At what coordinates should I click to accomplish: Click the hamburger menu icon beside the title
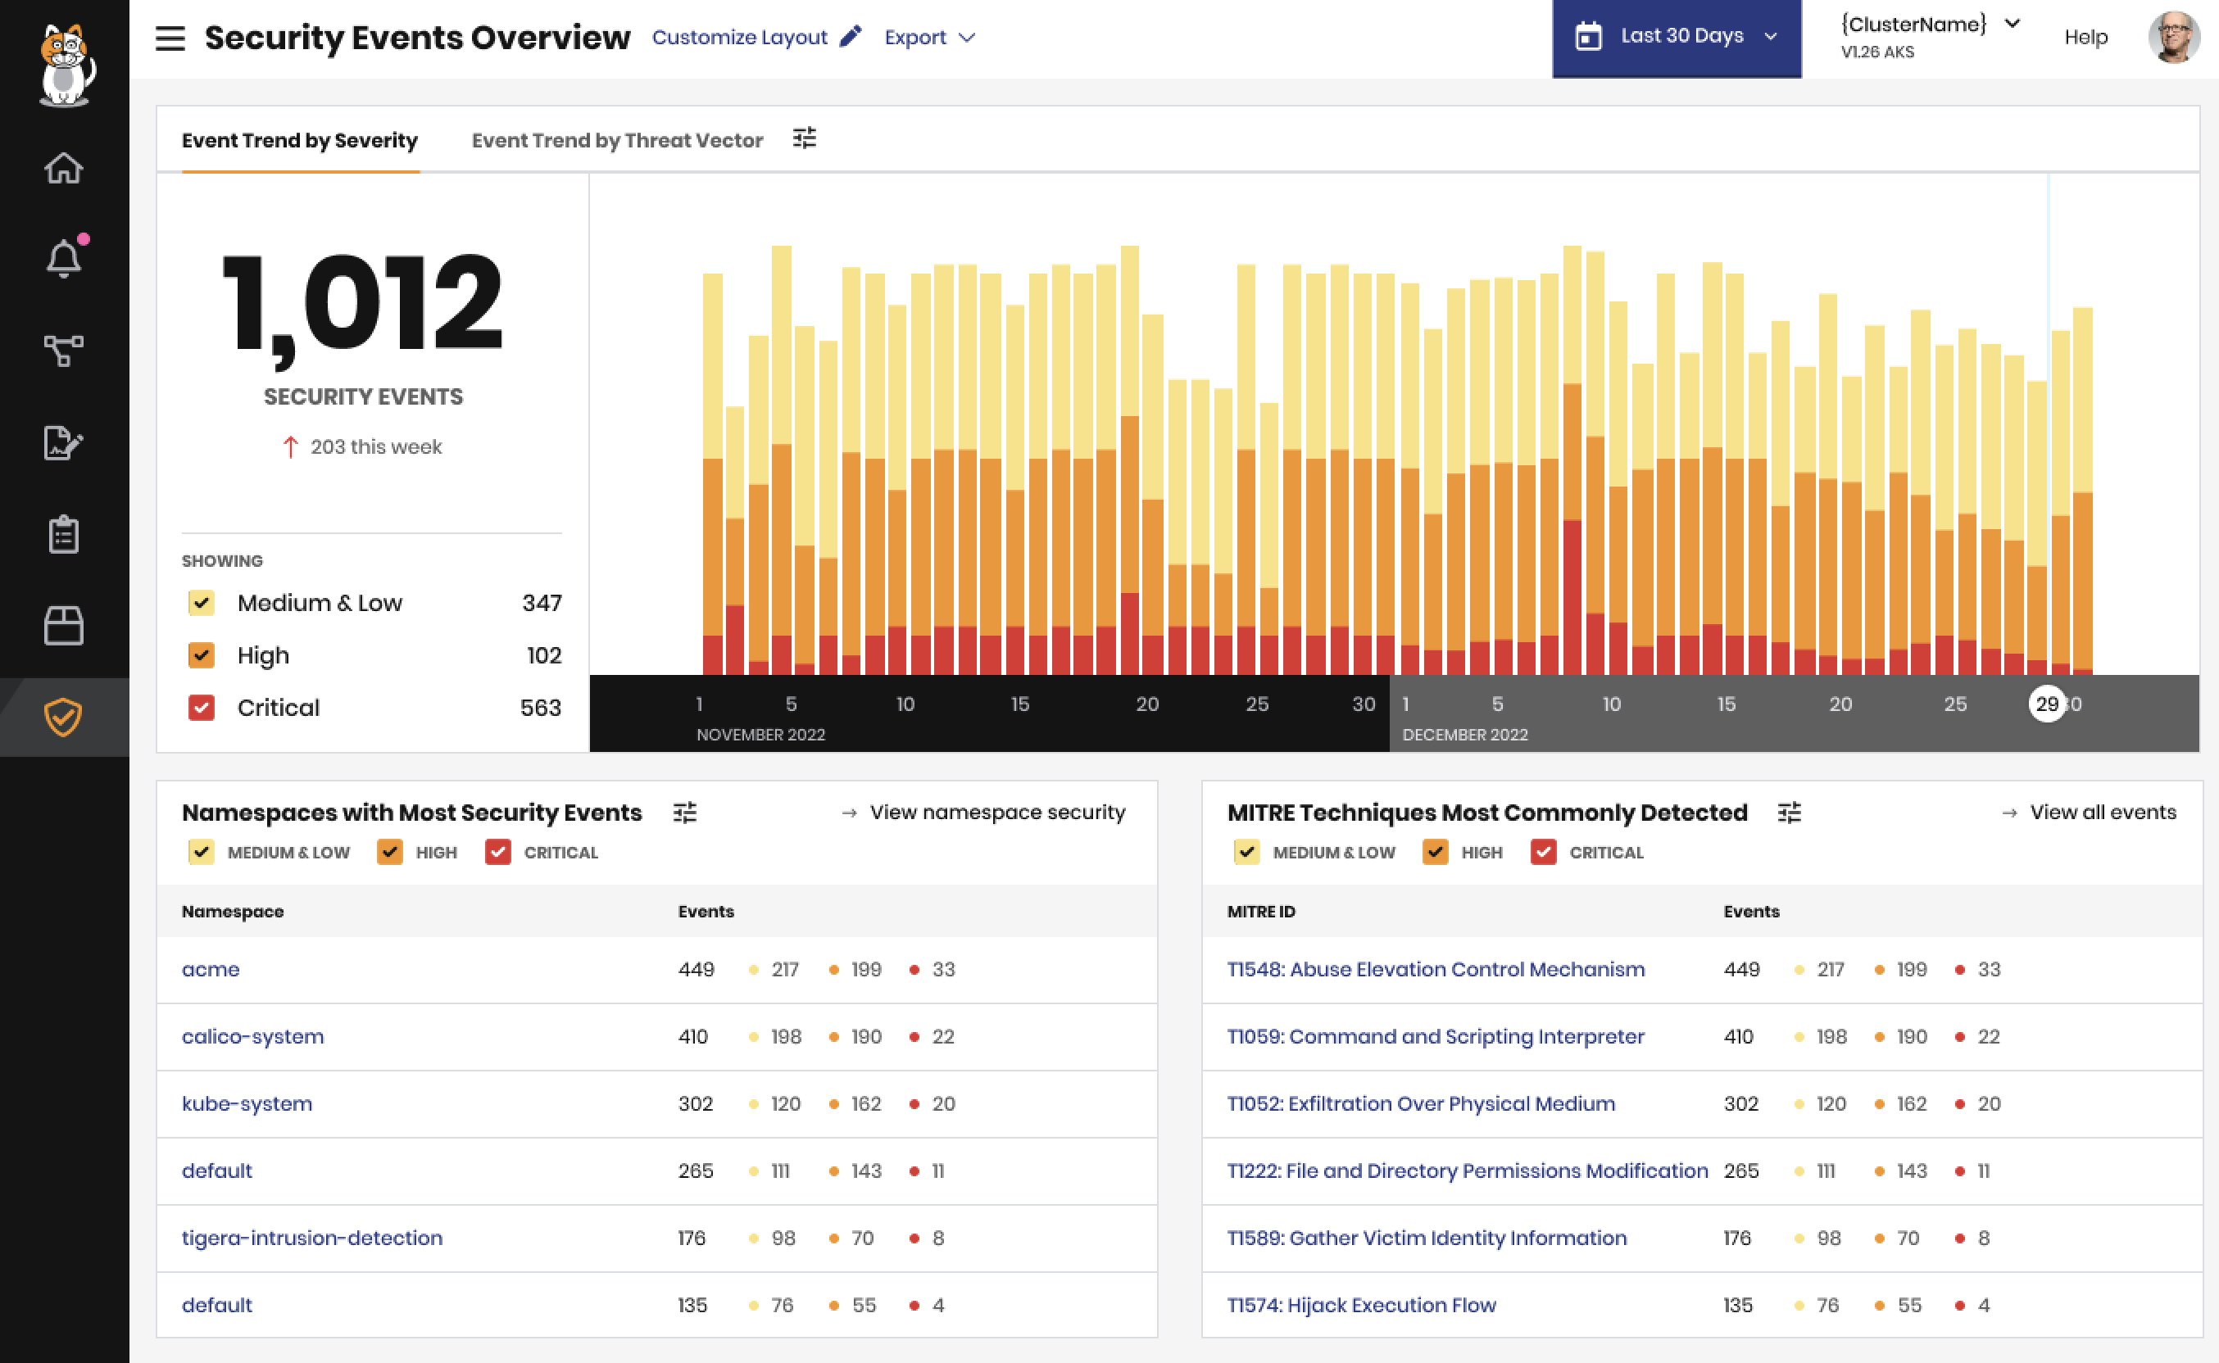click(x=170, y=38)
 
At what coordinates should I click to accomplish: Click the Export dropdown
click(x=928, y=37)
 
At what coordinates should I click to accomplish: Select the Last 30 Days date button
click(x=1675, y=37)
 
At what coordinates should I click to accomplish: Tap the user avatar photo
click(x=2173, y=37)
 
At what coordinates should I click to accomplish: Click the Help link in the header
click(x=2085, y=37)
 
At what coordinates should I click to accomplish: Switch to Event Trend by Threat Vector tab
click(x=617, y=141)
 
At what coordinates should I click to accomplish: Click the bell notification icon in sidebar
click(x=63, y=260)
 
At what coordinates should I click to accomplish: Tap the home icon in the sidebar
click(x=63, y=169)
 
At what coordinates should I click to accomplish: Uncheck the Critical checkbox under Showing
click(x=201, y=708)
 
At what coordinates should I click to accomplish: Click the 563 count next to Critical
click(x=540, y=708)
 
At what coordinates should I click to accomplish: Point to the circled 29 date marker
click(x=2046, y=704)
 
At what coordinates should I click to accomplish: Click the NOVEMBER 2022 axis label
click(x=760, y=735)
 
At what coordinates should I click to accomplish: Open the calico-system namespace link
click(x=252, y=1037)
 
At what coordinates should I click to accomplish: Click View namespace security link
click(x=996, y=813)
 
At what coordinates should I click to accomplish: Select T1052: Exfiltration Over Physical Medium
click(x=1420, y=1103)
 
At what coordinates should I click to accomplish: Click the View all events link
click(x=2102, y=813)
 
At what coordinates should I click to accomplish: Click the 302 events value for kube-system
click(x=695, y=1103)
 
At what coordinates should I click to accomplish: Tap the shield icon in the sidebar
click(x=63, y=717)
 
